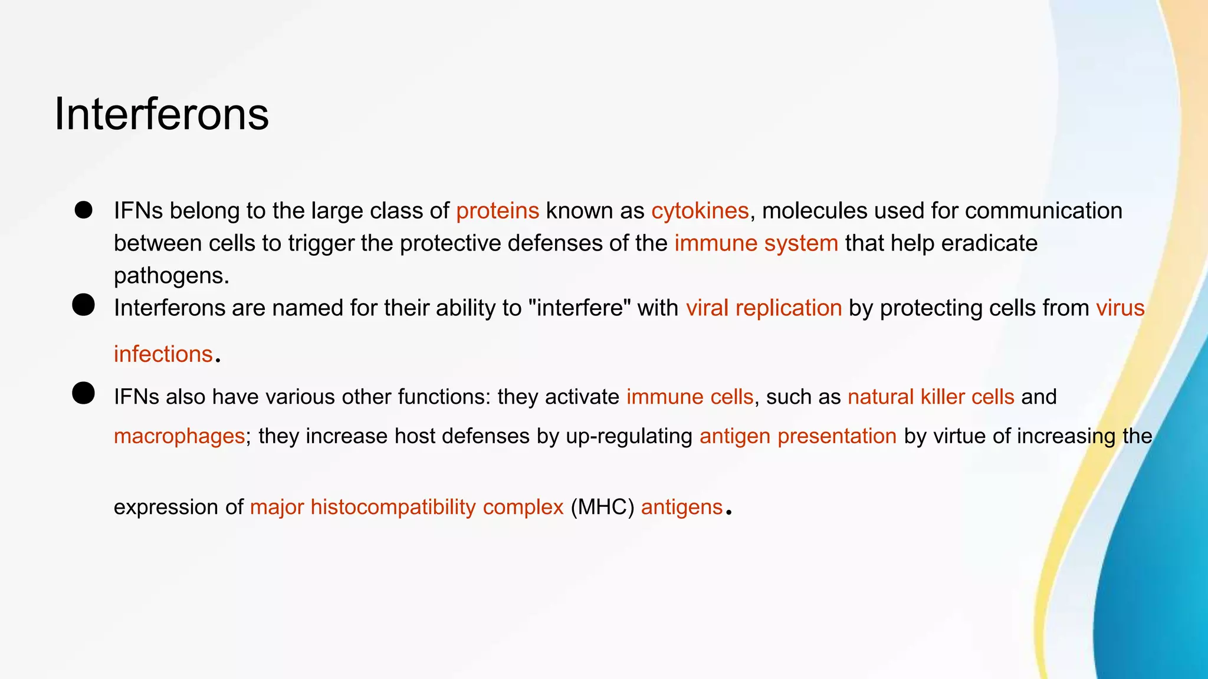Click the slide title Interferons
pyautogui.click(x=162, y=114)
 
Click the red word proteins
pyautogui.click(x=497, y=211)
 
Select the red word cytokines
pyautogui.click(x=700, y=211)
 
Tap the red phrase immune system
pyautogui.click(x=756, y=243)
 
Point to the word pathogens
pyautogui.click(x=170, y=276)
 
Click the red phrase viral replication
pyautogui.click(x=763, y=308)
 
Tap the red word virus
pyautogui.click(x=1120, y=308)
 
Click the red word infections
pyautogui.click(x=163, y=354)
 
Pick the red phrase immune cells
pyautogui.click(x=690, y=397)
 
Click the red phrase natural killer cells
pyautogui.click(x=931, y=397)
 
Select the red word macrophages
pyautogui.click(x=179, y=436)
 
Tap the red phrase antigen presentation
pyautogui.click(x=797, y=436)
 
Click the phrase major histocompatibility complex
pyautogui.click(x=406, y=507)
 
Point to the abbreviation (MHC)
pyautogui.click(x=602, y=507)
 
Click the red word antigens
pyautogui.click(x=681, y=507)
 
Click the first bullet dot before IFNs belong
pyautogui.click(x=84, y=210)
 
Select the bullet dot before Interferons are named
pyautogui.click(x=84, y=305)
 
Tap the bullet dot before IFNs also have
pyautogui.click(x=84, y=393)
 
